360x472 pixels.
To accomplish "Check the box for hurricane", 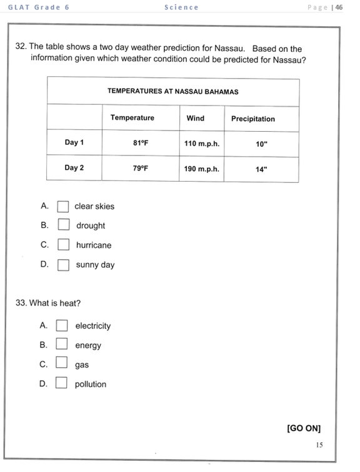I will point(63,245).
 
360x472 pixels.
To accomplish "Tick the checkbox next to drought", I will point(63,225).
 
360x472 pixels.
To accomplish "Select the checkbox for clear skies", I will point(63,206).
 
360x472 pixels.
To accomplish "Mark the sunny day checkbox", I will point(63,265).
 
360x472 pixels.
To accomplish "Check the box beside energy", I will point(62,345).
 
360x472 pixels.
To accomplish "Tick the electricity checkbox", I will point(62,325).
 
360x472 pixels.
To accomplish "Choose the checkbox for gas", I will point(61,364).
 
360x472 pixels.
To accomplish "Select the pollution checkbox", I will point(61,383).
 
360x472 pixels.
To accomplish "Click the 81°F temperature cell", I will point(141,143).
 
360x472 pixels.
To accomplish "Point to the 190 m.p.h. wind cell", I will point(202,169).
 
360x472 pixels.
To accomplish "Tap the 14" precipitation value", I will point(261,169).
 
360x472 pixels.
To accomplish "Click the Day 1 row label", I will point(74,142).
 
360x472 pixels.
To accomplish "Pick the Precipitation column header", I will point(253,119).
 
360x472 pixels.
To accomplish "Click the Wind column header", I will point(196,118).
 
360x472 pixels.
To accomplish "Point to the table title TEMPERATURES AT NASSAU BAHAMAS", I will point(173,91).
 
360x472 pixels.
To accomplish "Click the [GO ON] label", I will point(304,428).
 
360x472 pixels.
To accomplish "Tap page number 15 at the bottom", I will point(319,445).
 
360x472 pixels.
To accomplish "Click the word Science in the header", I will point(181,7).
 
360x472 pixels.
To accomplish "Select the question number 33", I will point(21,303).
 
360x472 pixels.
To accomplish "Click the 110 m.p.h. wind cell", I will point(202,143).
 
